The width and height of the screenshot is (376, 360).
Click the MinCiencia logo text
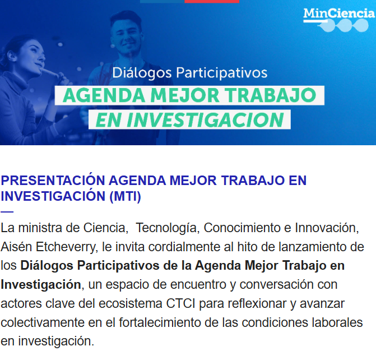339,13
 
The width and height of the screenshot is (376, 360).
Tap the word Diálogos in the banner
142,73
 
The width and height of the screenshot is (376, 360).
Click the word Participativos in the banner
222,73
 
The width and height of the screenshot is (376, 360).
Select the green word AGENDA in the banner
104,95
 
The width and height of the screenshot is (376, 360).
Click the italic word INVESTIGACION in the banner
205,120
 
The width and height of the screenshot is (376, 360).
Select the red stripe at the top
212,2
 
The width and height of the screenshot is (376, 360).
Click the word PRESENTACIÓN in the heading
53,180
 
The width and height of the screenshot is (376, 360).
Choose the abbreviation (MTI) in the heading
125,196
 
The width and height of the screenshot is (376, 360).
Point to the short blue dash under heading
7,212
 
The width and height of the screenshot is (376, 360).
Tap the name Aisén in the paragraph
16,247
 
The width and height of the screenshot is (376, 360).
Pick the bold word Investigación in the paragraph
41,285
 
